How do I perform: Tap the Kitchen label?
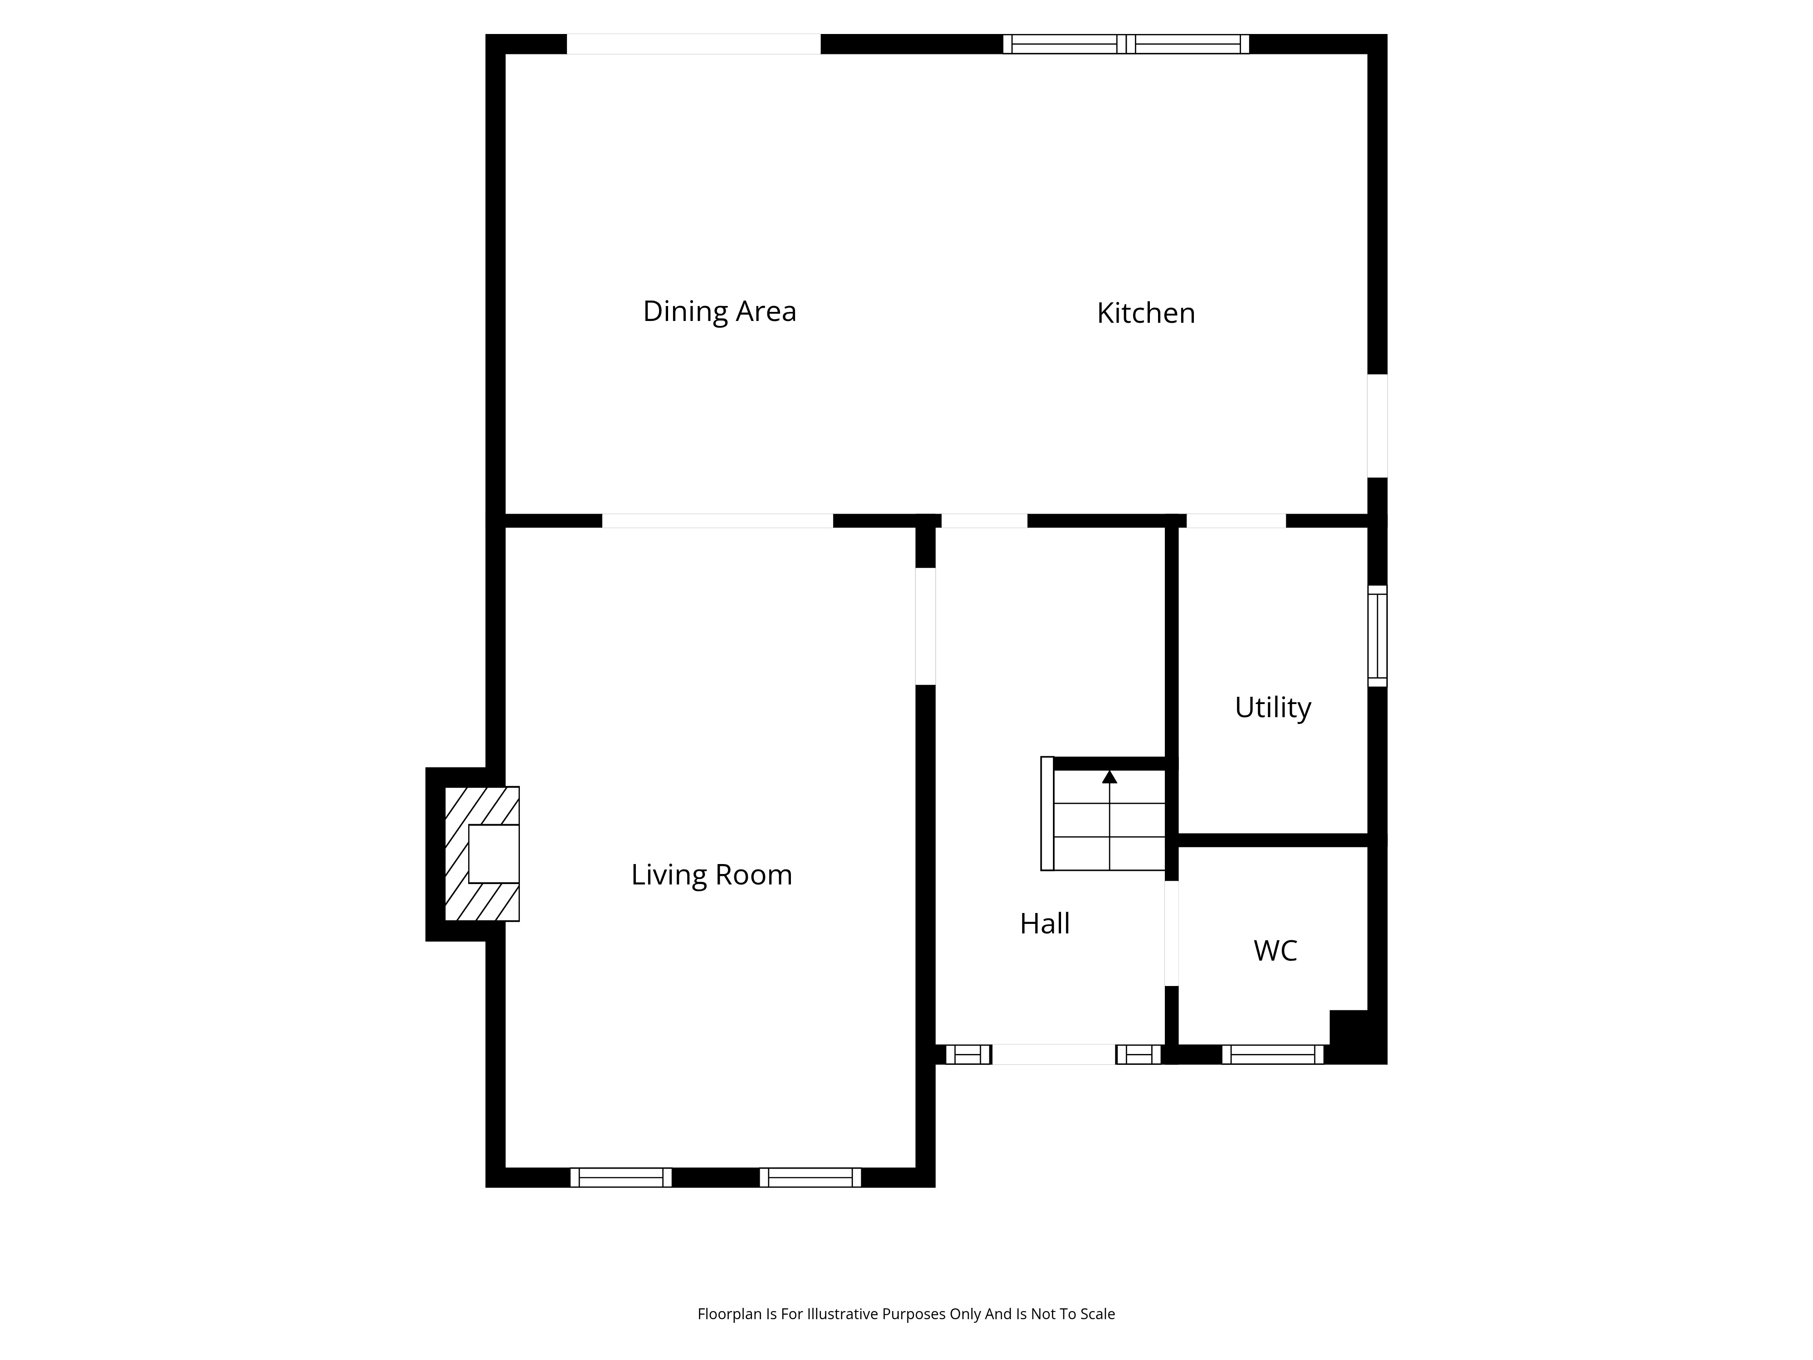[x=1146, y=313]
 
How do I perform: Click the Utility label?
[x=1273, y=708]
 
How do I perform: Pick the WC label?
[x=1275, y=951]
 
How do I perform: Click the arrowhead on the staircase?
[x=1110, y=776]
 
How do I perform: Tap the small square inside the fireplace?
[x=494, y=853]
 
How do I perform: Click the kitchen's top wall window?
[x=1126, y=44]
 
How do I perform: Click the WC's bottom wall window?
[x=1273, y=1054]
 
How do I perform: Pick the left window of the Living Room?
[x=621, y=1177]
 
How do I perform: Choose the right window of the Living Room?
[x=810, y=1177]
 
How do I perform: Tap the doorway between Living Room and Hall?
[x=926, y=627]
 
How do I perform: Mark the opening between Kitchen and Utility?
[x=1236, y=520]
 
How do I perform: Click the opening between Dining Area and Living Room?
[x=718, y=520]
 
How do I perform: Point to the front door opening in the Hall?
[x=1054, y=1054]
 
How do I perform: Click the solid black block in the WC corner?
[x=1349, y=1027]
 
